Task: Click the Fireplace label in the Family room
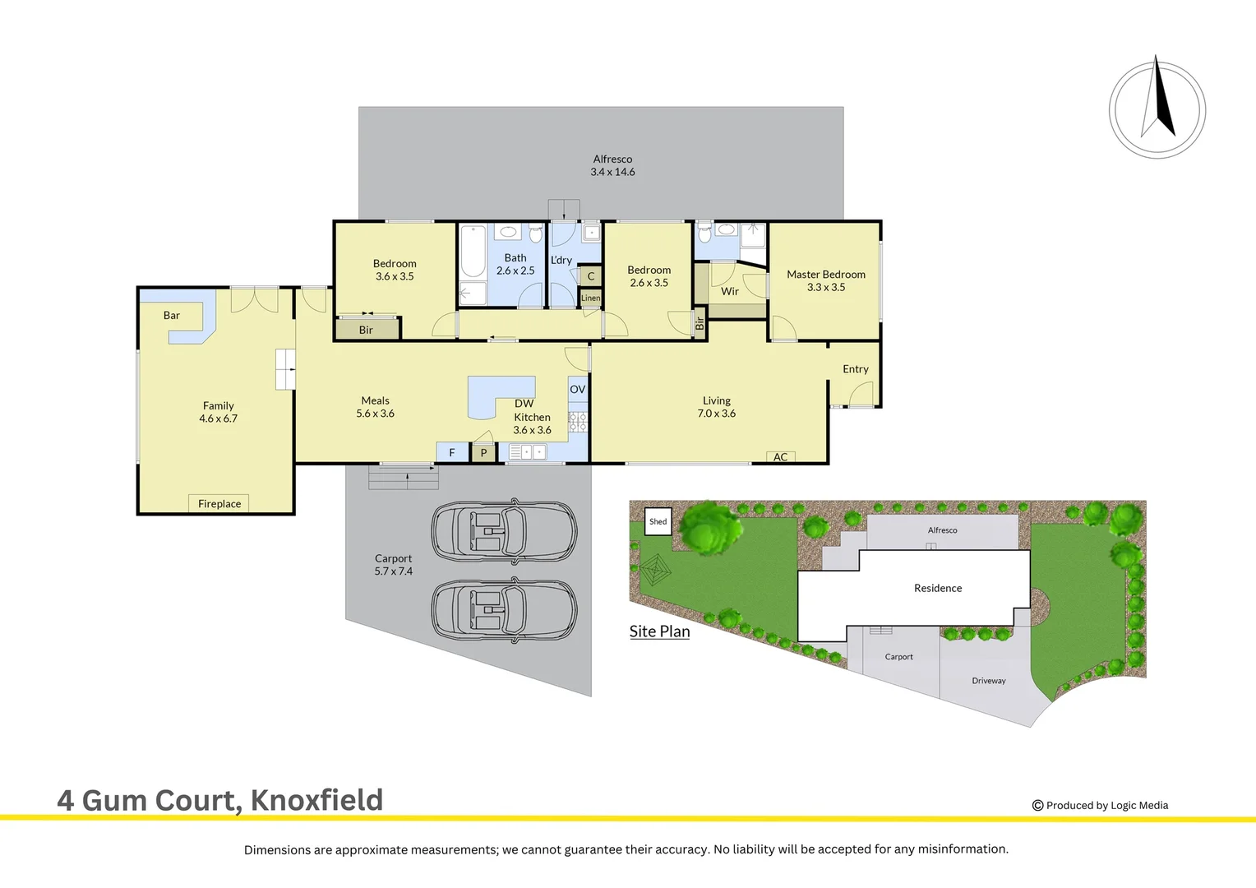click(x=219, y=504)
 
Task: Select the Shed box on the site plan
click(x=658, y=521)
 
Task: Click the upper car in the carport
click(x=504, y=530)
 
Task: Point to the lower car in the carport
click(x=504, y=610)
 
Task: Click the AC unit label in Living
click(x=780, y=457)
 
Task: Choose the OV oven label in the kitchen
click(x=578, y=390)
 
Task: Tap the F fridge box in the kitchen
click(x=451, y=452)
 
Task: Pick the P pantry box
click(x=483, y=453)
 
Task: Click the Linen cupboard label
click(x=590, y=298)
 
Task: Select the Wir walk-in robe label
click(x=730, y=291)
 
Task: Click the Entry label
click(x=856, y=369)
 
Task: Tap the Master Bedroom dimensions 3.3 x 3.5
click(x=826, y=287)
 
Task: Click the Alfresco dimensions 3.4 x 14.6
click(x=612, y=172)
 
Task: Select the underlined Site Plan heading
click(x=659, y=631)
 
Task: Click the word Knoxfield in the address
click(x=316, y=800)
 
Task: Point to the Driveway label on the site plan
click(x=989, y=681)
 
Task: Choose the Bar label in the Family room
click(x=172, y=315)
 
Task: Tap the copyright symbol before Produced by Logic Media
click(x=1037, y=806)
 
